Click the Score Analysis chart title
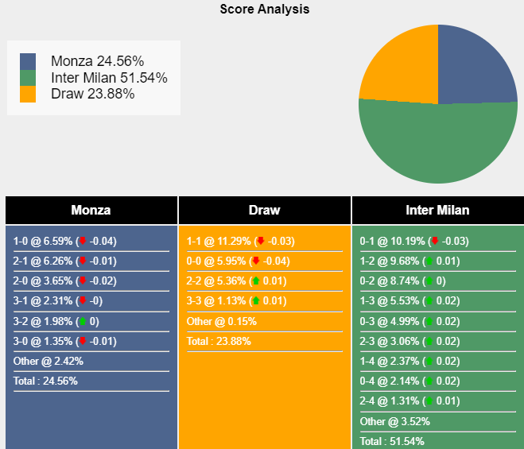(265, 10)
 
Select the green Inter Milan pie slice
(438, 147)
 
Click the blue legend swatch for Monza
(28, 61)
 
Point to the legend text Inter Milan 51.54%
(109, 78)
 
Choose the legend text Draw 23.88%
(92, 94)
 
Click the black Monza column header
(91, 211)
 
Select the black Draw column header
(264, 211)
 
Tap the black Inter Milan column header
(437, 211)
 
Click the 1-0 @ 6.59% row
(64, 242)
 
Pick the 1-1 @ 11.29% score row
(239, 242)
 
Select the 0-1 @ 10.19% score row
(413, 242)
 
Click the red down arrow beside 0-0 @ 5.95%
(256, 261)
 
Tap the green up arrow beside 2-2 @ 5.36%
(256, 281)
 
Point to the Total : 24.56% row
(45, 381)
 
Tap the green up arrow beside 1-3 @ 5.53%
(429, 301)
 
